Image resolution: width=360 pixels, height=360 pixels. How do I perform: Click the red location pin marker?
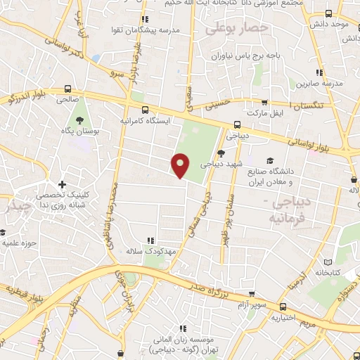[x=181, y=165]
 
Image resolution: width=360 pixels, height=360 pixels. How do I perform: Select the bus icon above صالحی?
[x=67, y=89]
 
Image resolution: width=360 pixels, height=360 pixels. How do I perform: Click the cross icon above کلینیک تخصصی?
[x=63, y=184]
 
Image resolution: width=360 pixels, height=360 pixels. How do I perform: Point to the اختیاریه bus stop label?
[x=283, y=317]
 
